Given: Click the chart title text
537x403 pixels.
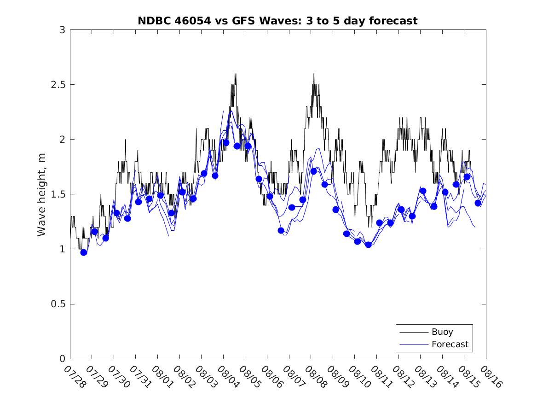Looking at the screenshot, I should coord(277,21).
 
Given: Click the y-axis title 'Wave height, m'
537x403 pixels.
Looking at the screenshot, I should coord(42,194).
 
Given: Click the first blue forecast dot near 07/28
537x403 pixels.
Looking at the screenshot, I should coord(84,252).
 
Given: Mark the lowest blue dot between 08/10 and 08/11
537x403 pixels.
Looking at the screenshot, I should coord(368,245).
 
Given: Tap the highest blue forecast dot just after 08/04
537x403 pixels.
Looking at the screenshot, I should coord(226,143).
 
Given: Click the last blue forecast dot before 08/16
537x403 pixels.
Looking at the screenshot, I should coord(478,203).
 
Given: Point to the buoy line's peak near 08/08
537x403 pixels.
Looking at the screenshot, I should coord(314,74).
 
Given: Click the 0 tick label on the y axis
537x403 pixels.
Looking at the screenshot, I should coord(62,359).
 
